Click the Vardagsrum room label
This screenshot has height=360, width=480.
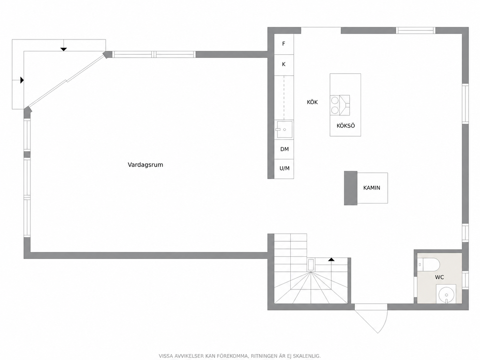pyautogui.click(x=146, y=165)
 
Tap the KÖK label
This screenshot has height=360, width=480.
pyautogui.click(x=312, y=102)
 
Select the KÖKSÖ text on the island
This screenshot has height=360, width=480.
pyautogui.click(x=345, y=126)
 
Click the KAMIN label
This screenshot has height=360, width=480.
pyautogui.click(x=372, y=188)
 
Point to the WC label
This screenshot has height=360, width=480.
pyautogui.click(x=439, y=277)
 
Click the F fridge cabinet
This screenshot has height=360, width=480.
pyautogui.click(x=284, y=44)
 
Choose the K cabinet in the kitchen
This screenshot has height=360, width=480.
pyautogui.click(x=284, y=65)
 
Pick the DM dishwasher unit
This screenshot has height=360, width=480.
pyautogui.click(x=284, y=149)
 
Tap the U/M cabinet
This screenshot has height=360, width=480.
pyautogui.click(x=284, y=169)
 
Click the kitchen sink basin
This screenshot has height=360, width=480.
pyautogui.click(x=284, y=130)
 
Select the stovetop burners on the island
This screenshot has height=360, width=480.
pyautogui.click(x=334, y=105)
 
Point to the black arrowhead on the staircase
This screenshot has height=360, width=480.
pyautogui.click(x=331, y=260)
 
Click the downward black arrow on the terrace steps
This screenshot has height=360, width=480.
pyautogui.click(x=64, y=49)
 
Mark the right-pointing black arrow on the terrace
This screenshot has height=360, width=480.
pyautogui.click(x=22, y=80)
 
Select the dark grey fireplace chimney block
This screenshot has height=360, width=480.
pyautogui.click(x=350, y=188)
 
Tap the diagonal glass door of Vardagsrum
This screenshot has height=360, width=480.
pyautogui.click(x=67, y=81)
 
